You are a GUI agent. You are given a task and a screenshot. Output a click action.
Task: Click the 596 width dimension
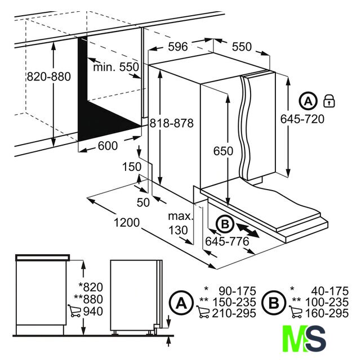coord(178,47)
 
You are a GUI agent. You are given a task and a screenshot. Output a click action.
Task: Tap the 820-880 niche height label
coord(49,76)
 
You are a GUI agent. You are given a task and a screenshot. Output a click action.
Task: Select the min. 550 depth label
coord(116,67)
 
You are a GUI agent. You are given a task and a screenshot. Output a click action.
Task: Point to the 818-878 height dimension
coord(172,123)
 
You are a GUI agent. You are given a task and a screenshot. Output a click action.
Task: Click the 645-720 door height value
coord(302,119)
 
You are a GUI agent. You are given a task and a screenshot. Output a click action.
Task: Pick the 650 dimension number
coord(223,151)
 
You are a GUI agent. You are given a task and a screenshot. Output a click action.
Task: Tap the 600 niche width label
coord(108,146)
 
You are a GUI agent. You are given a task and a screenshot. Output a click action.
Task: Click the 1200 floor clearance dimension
coord(127,223)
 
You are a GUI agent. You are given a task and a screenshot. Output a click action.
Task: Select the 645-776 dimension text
coord(227,241)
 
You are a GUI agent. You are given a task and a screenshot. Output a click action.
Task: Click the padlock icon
coord(329,101)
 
